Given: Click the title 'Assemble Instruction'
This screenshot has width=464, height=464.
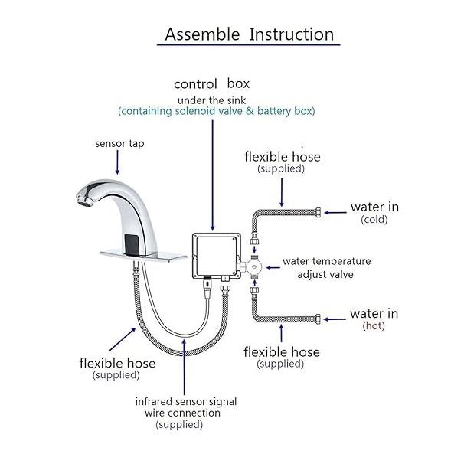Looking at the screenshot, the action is tap(249, 34).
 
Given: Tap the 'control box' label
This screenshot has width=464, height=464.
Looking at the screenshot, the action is tap(211, 84).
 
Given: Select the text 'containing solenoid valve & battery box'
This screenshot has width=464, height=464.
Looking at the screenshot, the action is tap(217, 111).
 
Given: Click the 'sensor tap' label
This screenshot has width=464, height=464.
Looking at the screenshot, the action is tap(119, 144).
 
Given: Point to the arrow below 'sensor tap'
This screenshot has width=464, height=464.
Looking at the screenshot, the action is tap(117, 162).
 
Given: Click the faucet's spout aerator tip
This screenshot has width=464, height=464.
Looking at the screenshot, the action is tap(83, 200).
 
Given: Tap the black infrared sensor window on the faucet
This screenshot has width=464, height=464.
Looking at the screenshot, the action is tap(132, 244).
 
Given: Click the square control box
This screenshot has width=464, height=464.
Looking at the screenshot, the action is tap(217, 256).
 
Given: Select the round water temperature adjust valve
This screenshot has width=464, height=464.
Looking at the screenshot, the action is tap(254, 267).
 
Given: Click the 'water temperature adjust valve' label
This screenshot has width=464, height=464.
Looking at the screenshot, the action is tap(326, 268).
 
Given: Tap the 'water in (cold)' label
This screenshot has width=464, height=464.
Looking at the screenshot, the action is tap(374, 213).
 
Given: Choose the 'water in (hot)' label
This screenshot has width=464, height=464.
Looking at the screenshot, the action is tap(374, 319).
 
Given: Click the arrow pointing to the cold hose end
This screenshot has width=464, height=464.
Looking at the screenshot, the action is tap(335, 212).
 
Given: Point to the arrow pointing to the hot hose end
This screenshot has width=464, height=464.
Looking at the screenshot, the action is tap(335, 319).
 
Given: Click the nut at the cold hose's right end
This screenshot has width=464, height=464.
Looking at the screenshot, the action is tap(318, 212).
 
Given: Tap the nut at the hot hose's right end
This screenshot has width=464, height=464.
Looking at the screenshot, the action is tap(318, 319).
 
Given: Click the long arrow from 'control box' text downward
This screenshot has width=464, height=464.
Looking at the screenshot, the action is tap(212, 175).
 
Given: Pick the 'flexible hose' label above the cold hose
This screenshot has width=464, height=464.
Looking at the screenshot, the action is tap(283, 157).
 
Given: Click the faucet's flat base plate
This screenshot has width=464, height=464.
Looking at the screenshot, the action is tap(143, 257).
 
